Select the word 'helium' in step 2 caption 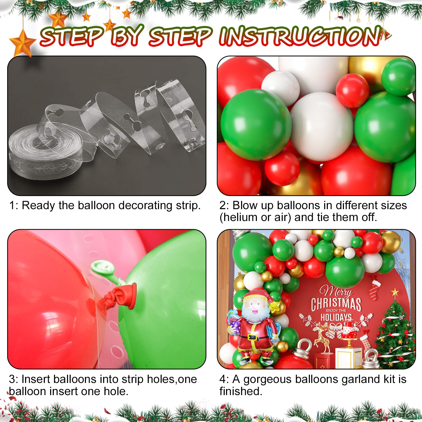241,217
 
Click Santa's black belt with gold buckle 256,337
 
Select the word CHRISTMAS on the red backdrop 336,304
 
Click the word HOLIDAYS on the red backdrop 336,317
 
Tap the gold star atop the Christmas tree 395,292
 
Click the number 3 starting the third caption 12,380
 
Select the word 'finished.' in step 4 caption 241,391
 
